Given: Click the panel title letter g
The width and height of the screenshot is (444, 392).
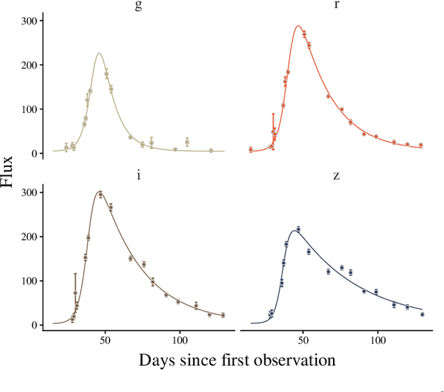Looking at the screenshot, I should click(139, 6).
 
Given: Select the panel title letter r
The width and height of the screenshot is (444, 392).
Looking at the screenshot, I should click(336, 6).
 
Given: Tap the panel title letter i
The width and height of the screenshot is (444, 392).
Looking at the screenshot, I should click(139, 175).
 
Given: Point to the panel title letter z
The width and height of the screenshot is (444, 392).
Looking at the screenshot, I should click(336, 175).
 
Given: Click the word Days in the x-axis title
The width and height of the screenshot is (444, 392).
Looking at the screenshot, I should click(156, 360).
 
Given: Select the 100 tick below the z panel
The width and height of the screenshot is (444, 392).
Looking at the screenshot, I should click(378, 340).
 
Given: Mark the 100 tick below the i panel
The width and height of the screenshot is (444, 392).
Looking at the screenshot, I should click(180, 340).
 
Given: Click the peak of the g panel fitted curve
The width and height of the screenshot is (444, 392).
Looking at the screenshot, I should click(99, 53).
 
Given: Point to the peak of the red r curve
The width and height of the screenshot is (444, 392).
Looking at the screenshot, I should click(298, 26).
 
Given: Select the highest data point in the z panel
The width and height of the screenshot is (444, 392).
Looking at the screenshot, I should click(298, 229).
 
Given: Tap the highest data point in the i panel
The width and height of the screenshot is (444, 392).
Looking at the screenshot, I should click(101, 195).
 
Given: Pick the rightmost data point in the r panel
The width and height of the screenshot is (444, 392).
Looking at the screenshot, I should click(420, 145).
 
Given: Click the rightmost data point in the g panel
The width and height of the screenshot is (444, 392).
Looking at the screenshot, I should click(211, 150).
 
